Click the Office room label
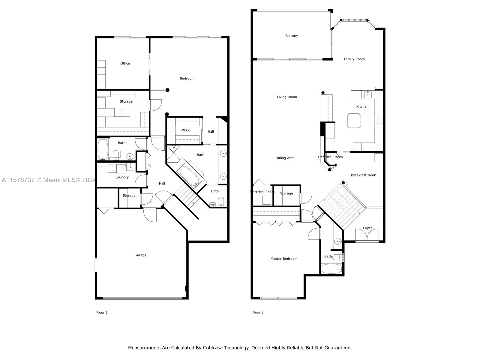click(x=125, y=63)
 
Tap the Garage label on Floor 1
click(x=140, y=255)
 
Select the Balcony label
click(x=292, y=36)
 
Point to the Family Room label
click(x=354, y=59)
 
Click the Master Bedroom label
click(x=284, y=259)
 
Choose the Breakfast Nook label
click(x=363, y=175)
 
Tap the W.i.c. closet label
click(x=186, y=130)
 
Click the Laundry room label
click(x=122, y=177)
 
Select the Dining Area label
click(x=285, y=158)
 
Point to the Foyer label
click(x=367, y=228)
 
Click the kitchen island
click(x=354, y=120)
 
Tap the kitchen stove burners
click(x=379, y=121)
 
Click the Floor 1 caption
click(x=102, y=313)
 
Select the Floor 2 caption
click(x=258, y=312)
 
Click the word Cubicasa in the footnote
click(x=212, y=347)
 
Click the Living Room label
click(x=287, y=97)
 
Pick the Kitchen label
click(x=362, y=106)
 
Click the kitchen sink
click(x=367, y=95)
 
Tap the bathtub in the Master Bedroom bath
click(x=331, y=268)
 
